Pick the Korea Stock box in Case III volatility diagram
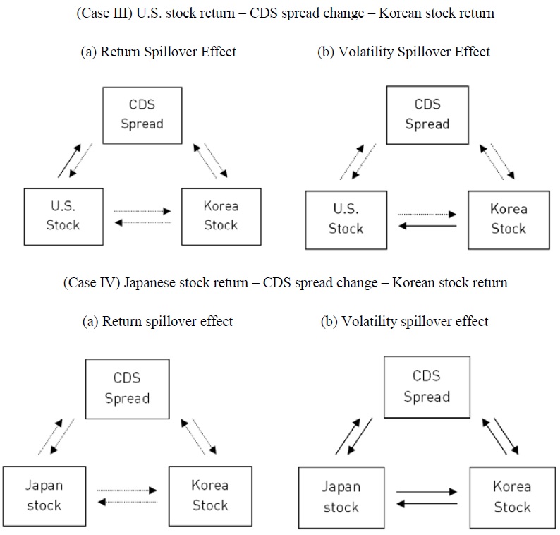(x=508, y=219)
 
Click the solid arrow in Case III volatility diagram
(x=427, y=227)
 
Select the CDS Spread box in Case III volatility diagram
(x=427, y=114)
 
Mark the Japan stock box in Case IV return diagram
(x=44, y=495)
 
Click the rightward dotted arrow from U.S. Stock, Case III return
(x=142, y=210)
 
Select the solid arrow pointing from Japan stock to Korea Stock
(x=427, y=491)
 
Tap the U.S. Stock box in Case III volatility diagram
(x=346, y=220)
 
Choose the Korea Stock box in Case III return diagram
(x=221, y=216)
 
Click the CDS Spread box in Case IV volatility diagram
(x=426, y=387)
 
